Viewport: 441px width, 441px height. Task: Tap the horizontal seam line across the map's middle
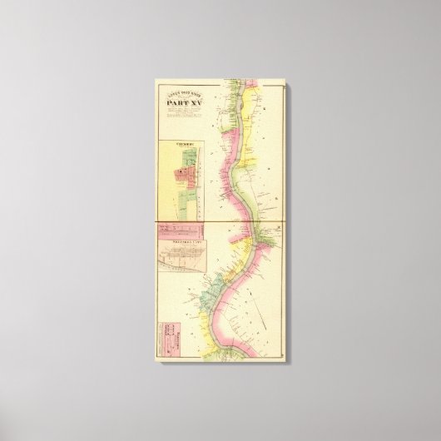220,223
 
